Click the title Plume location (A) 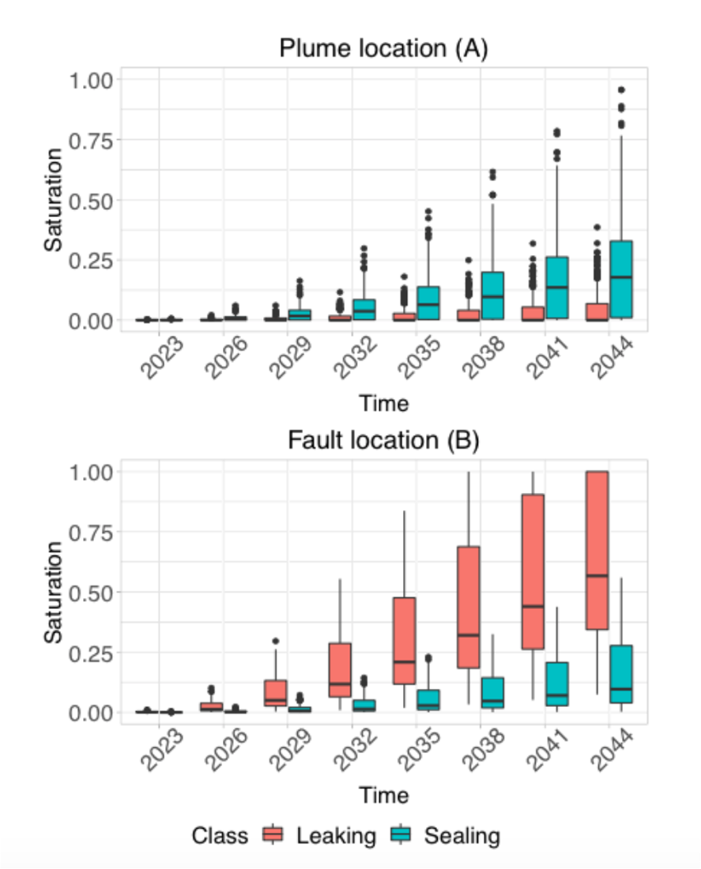pos(383,49)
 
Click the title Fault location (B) pos(383,441)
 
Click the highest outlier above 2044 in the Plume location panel pos(621,90)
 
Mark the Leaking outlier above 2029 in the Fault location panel pos(276,641)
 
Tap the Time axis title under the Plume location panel pos(384,404)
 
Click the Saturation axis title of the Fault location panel pos(53,591)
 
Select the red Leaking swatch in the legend pos(273,835)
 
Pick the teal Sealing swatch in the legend pos(402,835)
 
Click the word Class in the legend pos(220,836)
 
